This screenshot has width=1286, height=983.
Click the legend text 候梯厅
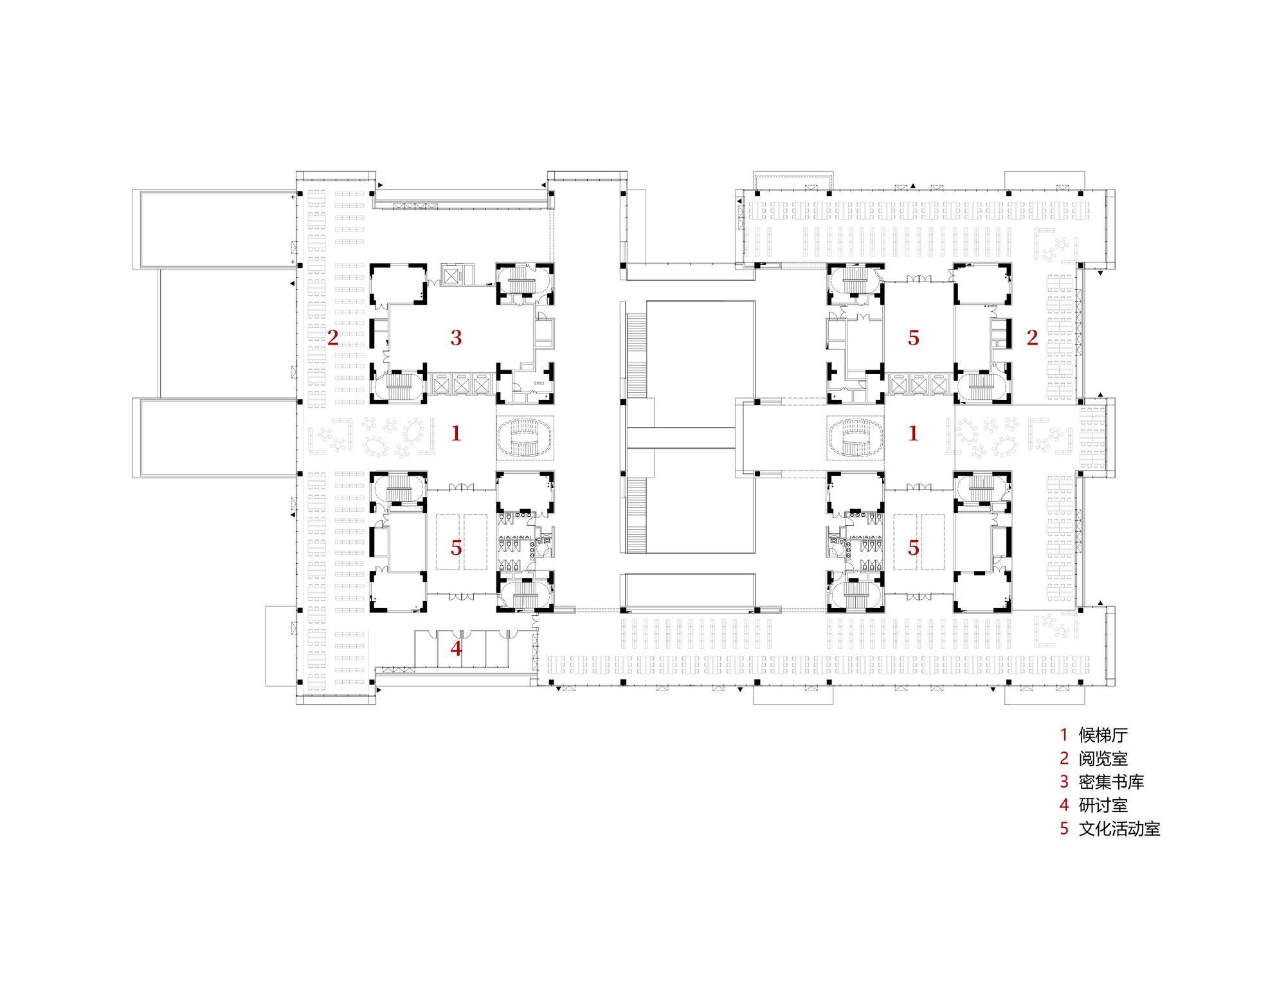coord(1103,735)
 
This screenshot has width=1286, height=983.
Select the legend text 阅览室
coord(1103,759)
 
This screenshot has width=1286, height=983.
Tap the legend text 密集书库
coord(1111,782)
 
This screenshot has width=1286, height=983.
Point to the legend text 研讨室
coord(1103,805)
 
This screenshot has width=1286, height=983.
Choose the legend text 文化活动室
coord(1119,829)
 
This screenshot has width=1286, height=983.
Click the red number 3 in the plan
coord(456,338)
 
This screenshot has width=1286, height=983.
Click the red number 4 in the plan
coord(456,648)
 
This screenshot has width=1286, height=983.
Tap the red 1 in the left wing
coord(456,433)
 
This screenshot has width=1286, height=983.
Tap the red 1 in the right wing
coord(913,433)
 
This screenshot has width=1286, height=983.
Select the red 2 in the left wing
coord(332,338)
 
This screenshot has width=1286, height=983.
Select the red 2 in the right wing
coord(1032,338)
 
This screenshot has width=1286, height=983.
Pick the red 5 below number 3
coord(456,548)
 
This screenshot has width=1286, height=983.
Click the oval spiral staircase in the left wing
coord(525,438)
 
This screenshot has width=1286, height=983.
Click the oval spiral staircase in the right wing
coord(855,438)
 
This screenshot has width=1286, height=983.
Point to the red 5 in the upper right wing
coord(913,338)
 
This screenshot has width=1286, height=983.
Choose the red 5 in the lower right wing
coord(913,548)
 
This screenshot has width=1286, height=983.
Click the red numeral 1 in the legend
coord(1064,735)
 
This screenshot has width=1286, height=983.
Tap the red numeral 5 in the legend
coord(1064,829)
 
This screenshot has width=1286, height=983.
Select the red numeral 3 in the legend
coord(1064,782)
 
